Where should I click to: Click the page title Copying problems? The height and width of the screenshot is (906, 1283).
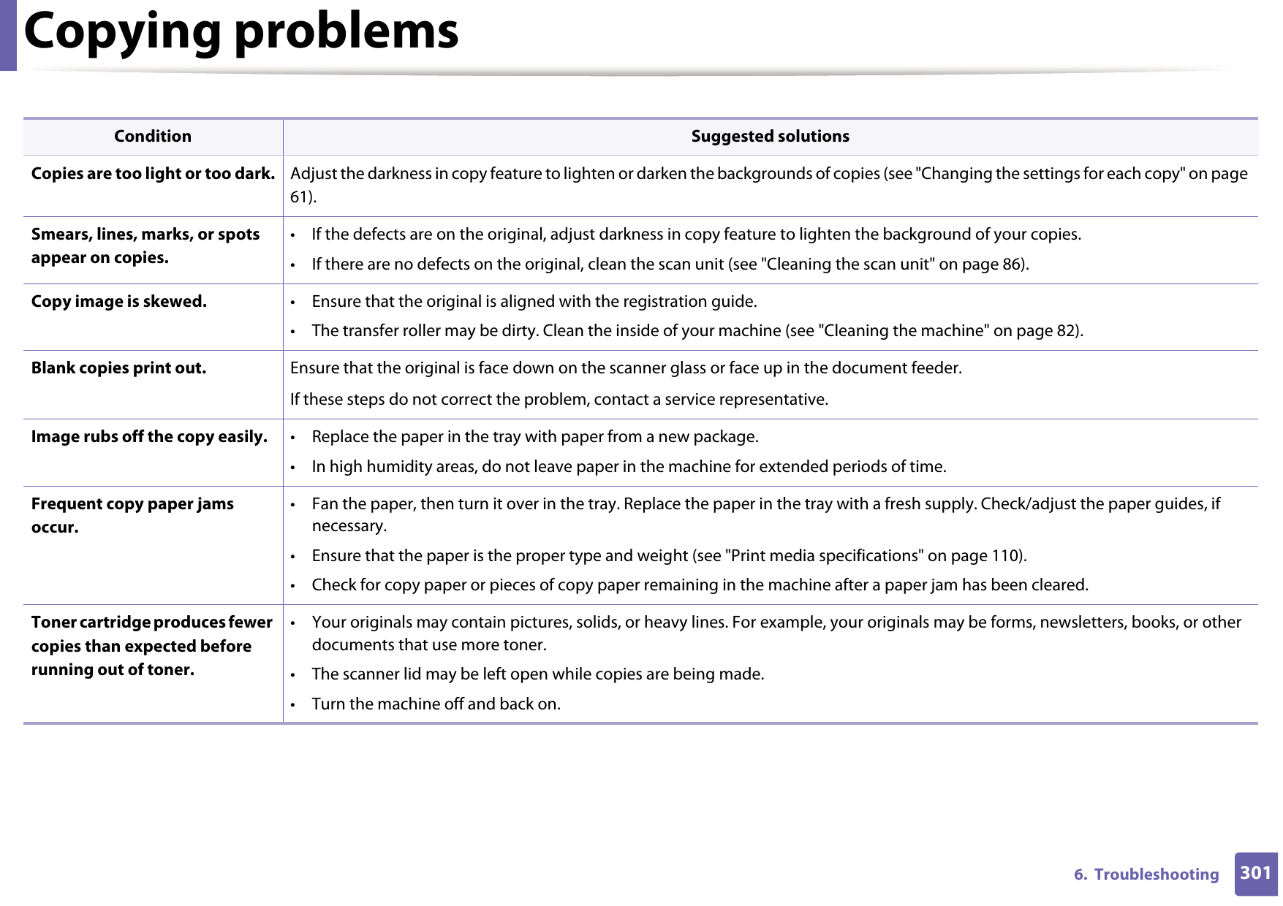(241, 32)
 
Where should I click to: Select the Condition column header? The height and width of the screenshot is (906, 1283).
(153, 137)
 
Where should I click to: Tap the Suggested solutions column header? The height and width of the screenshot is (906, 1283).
(770, 137)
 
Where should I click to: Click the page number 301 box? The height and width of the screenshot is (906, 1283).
(1255, 873)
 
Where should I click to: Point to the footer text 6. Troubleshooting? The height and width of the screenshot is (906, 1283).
(1146, 875)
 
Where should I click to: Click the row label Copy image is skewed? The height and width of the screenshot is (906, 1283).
(119, 302)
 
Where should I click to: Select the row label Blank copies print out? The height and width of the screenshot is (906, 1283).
(118, 368)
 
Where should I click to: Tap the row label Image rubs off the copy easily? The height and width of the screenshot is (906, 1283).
(149, 437)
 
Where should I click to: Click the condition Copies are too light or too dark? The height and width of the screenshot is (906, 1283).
(153, 174)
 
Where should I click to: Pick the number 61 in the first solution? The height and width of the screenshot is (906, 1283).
(300, 197)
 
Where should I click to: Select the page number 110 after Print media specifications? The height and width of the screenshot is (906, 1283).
(1006, 556)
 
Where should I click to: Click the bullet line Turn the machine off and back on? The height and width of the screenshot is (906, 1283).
(436, 704)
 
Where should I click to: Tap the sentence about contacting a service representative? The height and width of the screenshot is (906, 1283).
(559, 400)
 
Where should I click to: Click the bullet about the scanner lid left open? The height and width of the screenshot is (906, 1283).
(537, 674)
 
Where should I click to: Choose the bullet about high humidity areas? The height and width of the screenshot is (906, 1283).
(628, 467)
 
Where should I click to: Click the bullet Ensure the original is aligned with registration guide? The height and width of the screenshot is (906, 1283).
(534, 302)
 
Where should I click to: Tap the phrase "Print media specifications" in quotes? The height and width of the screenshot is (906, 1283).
(824, 556)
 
